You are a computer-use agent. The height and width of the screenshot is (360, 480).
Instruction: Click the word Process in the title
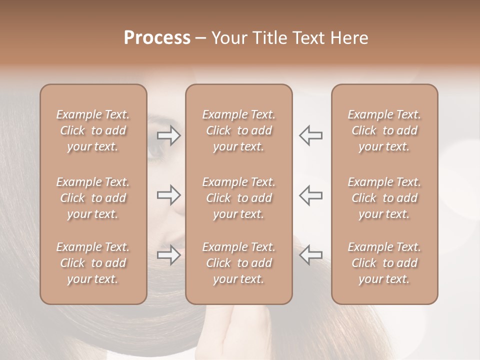click(x=157, y=38)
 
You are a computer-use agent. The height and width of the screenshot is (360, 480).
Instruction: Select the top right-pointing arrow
click(x=169, y=135)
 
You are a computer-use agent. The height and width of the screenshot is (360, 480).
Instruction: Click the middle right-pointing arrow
click(x=169, y=195)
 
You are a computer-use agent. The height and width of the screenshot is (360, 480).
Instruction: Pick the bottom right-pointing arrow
click(x=169, y=254)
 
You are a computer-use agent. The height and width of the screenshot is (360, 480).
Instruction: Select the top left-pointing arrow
click(x=310, y=135)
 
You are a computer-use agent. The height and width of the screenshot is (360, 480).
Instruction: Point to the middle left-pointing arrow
click(x=310, y=195)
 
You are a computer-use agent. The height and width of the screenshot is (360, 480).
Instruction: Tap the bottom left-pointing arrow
click(x=310, y=254)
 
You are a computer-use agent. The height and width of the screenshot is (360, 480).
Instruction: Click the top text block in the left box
click(x=93, y=130)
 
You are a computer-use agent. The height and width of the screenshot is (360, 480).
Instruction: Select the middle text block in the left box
click(x=93, y=198)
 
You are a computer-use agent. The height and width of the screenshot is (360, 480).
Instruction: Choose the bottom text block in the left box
click(x=93, y=263)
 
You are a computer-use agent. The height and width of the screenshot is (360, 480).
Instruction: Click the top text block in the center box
click(x=239, y=130)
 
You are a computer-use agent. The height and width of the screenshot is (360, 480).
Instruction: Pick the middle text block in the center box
click(x=239, y=198)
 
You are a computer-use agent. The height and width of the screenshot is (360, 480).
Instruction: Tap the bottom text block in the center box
click(x=239, y=263)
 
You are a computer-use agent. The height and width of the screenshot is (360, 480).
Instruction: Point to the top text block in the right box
click(x=384, y=130)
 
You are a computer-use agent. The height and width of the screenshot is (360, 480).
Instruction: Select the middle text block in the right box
click(x=384, y=198)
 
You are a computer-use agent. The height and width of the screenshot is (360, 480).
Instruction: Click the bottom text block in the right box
click(x=384, y=263)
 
